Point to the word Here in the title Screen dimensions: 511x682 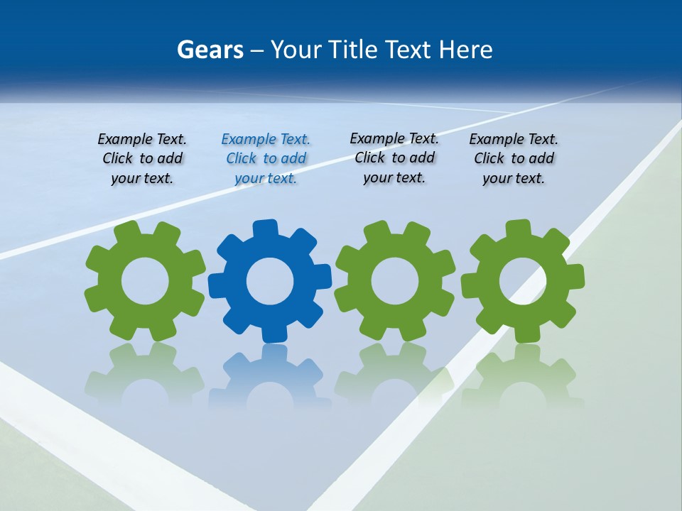coord(465,50)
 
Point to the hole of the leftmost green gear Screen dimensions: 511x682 coord(145,281)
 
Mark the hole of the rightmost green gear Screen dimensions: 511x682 coord(523,281)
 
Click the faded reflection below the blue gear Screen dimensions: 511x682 coord(270,376)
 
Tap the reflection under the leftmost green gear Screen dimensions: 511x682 coord(145,376)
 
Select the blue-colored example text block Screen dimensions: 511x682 coord(266,159)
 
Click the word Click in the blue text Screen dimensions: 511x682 coord(242,158)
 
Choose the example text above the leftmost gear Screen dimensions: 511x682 coord(142,159)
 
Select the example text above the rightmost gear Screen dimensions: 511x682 coord(514,159)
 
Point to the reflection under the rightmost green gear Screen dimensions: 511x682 coord(523,376)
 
